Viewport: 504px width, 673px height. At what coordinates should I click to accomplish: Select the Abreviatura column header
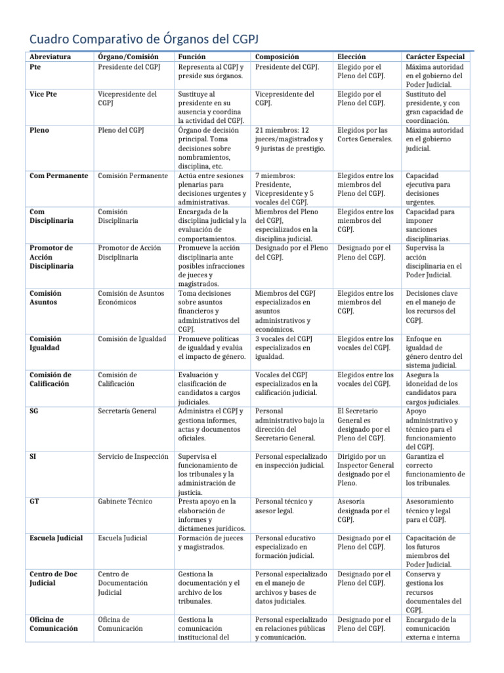pos(52,57)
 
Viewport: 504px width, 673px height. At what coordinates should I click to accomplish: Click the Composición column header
pos(276,57)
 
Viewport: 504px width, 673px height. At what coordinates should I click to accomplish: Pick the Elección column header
pos(352,57)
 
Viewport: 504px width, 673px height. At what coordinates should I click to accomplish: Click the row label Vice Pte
pos(44,94)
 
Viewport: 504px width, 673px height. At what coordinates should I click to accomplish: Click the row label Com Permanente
pos(58,175)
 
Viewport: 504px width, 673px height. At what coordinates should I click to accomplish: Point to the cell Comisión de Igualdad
pos(131,338)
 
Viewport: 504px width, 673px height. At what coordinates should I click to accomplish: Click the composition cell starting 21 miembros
pos(289,139)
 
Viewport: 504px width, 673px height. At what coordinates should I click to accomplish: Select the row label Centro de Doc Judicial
pos(54,578)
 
